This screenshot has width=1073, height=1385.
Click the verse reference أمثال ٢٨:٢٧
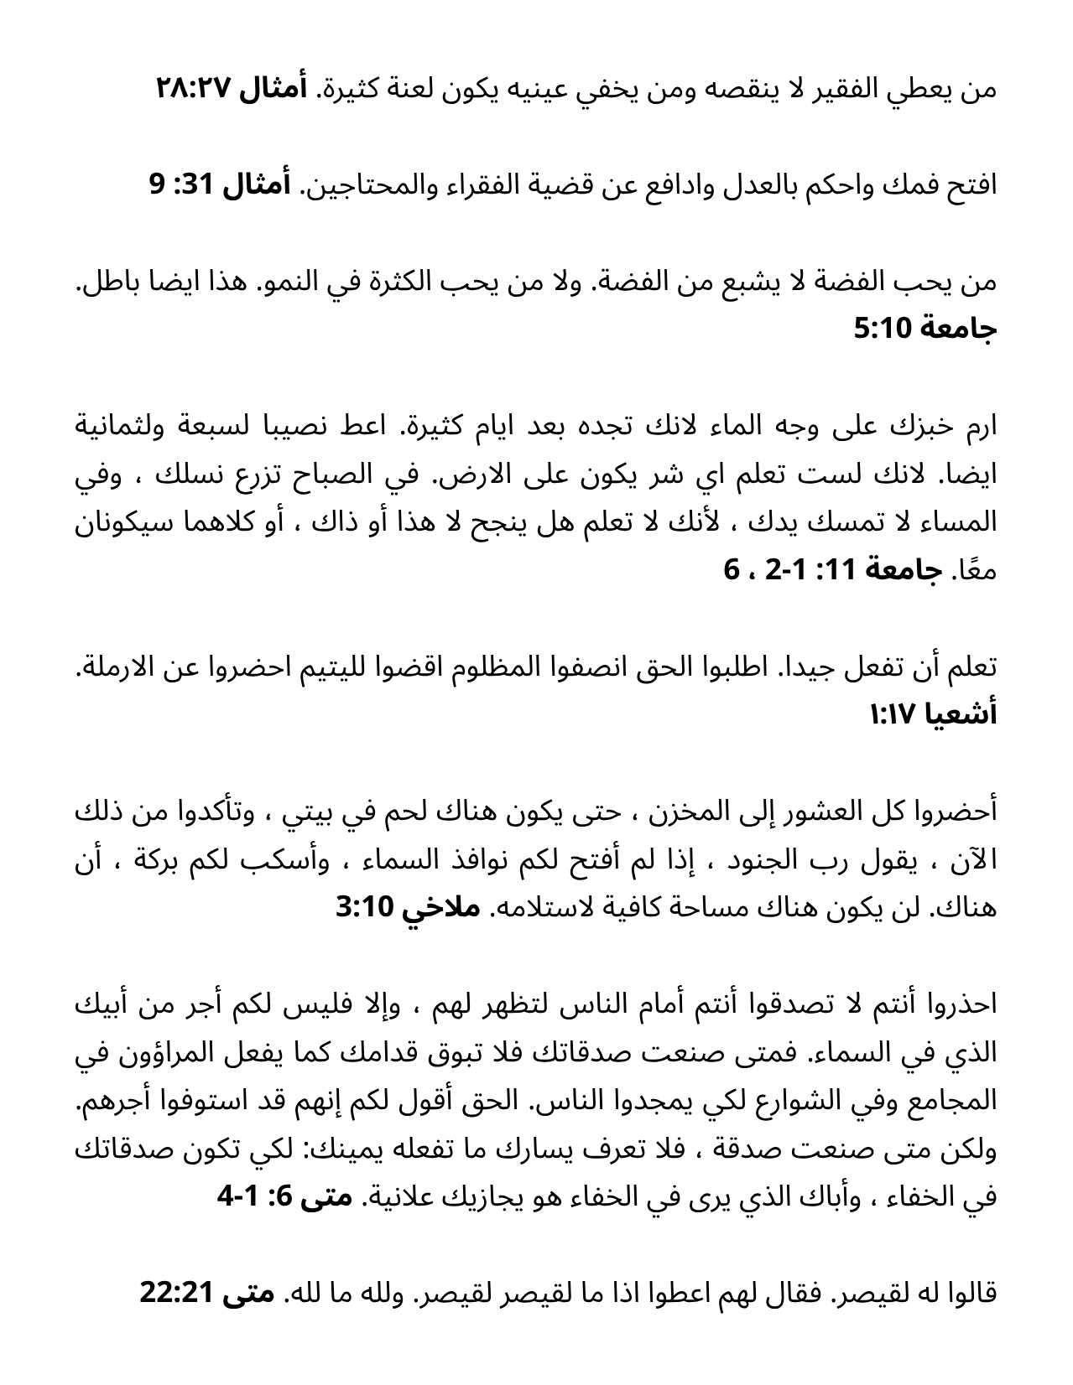[231, 88]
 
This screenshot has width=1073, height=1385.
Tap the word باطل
[107, 282]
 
